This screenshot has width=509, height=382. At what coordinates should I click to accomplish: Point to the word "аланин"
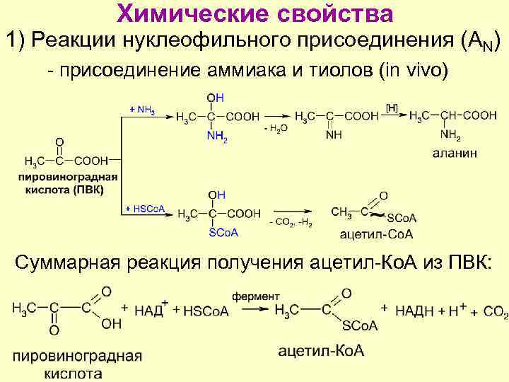click(x=455, y=152)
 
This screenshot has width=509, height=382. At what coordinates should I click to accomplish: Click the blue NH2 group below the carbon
click(x=217, y=139)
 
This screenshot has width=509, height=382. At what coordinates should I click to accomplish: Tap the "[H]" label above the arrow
click(x=392, y=108)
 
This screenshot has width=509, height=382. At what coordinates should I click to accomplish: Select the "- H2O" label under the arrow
click(x=275, y=128)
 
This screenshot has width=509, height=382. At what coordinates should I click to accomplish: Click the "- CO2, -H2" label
click(x=291, y=224)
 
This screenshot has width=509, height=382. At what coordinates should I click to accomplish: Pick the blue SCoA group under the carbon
click(x=223, y=233)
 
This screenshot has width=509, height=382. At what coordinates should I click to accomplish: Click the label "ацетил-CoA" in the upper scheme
click(x=376, y=235)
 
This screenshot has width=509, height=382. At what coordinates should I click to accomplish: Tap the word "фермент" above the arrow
click(x=257, y=296)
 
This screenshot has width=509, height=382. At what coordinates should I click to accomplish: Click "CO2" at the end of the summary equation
click(x=496, y=311)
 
